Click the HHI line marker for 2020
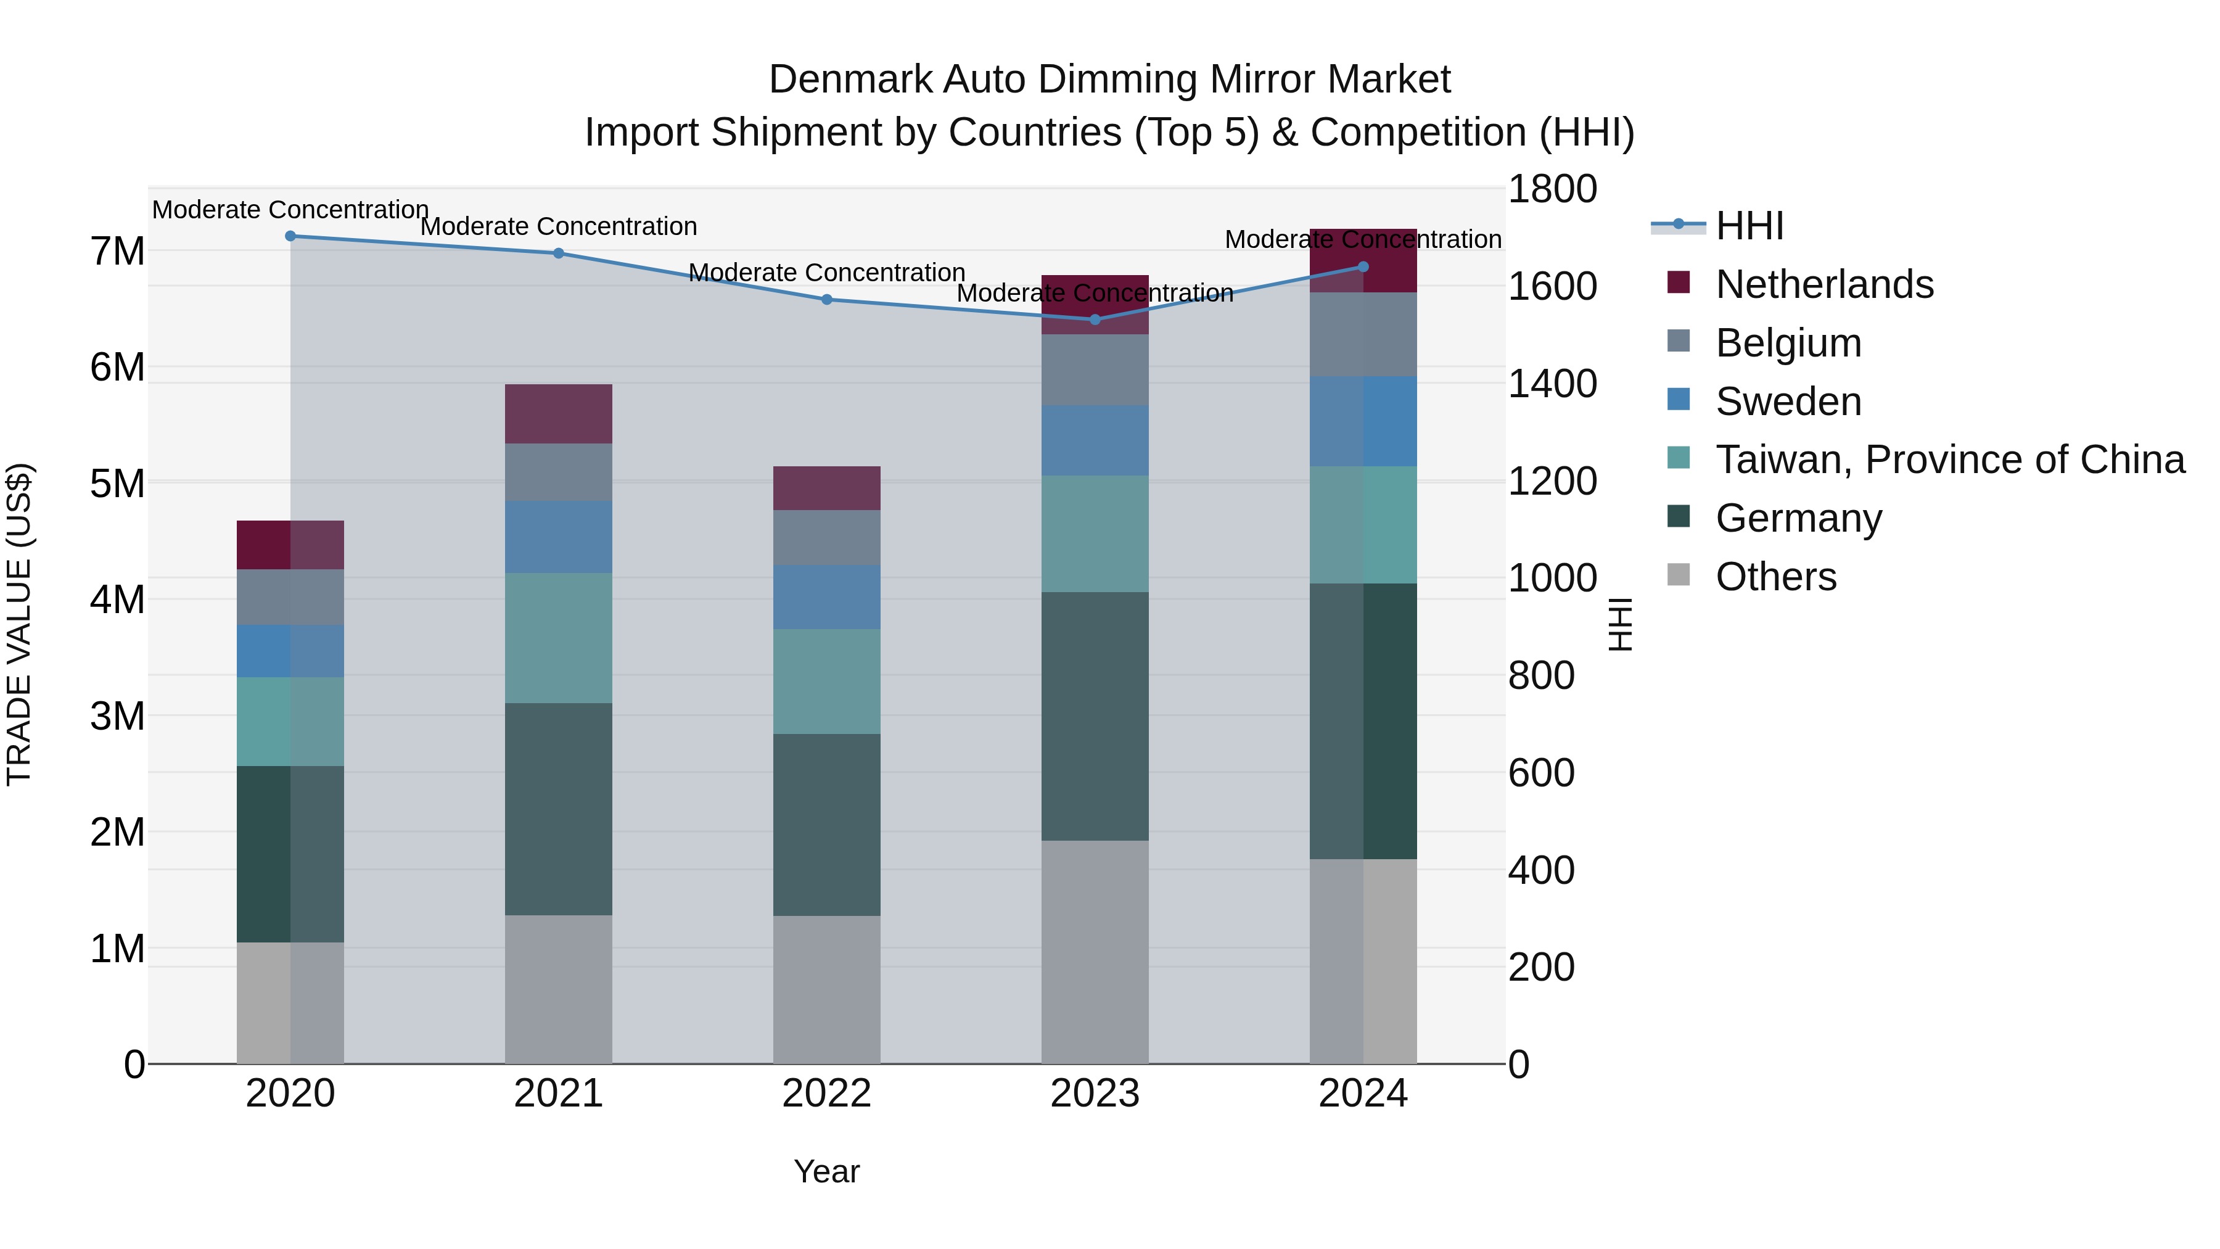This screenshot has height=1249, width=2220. click(290, 236)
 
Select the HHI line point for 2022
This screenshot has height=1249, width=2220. click(826, 300)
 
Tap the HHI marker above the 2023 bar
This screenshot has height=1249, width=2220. click(1095, 319)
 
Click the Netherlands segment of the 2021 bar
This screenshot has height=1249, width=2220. click(559, 414)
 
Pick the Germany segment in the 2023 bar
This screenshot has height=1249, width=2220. click(1095, 715)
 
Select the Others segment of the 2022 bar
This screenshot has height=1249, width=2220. click(826, 989)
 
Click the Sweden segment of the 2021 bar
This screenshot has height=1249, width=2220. click(559, 537)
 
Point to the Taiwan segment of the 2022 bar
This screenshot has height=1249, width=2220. click(826, 681)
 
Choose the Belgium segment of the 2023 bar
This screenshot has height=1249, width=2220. click(1095, 370)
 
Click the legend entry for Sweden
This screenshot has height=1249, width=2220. click(1788, 402)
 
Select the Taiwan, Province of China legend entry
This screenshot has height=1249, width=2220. click(1949, 460)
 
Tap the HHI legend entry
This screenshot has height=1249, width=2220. click(1749, 226)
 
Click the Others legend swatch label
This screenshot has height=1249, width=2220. click(1775, 577)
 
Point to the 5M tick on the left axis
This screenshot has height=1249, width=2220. click(118, 484)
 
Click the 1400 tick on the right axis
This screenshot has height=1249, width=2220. click(1552, 384)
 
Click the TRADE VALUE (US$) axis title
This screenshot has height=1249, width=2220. click(19, 624)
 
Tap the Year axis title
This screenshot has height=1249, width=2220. click(826, 1171)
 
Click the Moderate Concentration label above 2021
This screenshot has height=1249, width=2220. click(559, 227)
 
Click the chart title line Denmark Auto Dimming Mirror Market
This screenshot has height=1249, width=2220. click(1109, 80)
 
